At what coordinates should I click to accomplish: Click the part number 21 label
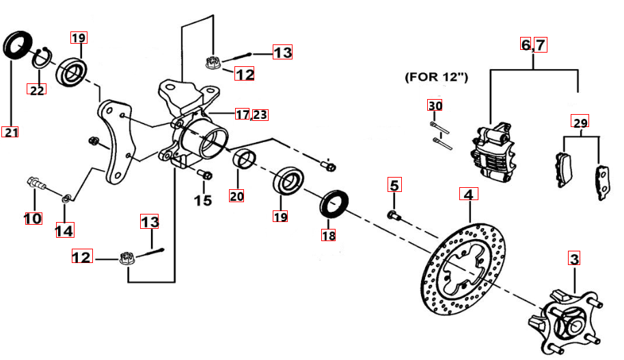click(10, 132)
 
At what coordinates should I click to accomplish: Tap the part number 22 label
click(36, 89)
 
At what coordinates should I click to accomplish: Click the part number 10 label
click(32, 219)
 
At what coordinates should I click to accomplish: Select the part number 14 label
click(65, 230)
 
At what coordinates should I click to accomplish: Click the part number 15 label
click(202, 200)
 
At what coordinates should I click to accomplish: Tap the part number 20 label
click(236, 196)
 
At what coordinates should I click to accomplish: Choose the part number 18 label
click(329, 235)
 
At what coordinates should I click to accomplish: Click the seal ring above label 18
click(335, 203)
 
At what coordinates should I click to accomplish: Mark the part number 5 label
click(394, 184)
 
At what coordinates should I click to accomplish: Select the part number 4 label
click(468, 194)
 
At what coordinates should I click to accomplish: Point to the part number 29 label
click(580, 122)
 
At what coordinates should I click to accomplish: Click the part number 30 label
click(435, 105)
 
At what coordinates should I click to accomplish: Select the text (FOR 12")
click(436, 77)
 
